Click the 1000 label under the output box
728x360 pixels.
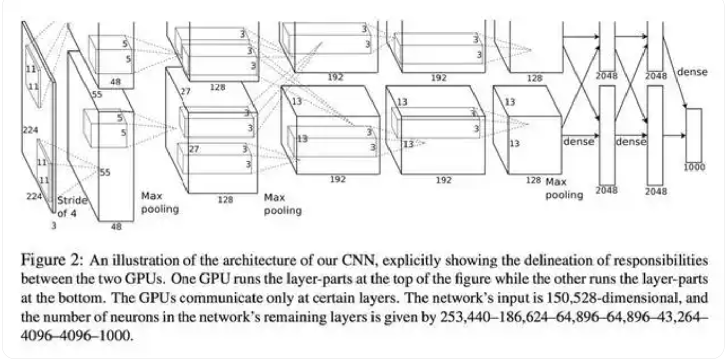pos(695,167)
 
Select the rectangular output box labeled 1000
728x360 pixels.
pos(693,135)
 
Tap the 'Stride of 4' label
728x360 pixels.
pos(72,207)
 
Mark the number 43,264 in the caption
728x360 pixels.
pos(682,316)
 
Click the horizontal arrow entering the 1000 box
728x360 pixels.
pos(674,135)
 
